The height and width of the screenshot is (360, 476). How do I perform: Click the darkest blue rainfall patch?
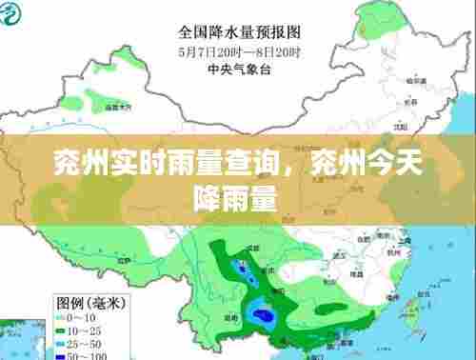(x=257, y=312)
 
